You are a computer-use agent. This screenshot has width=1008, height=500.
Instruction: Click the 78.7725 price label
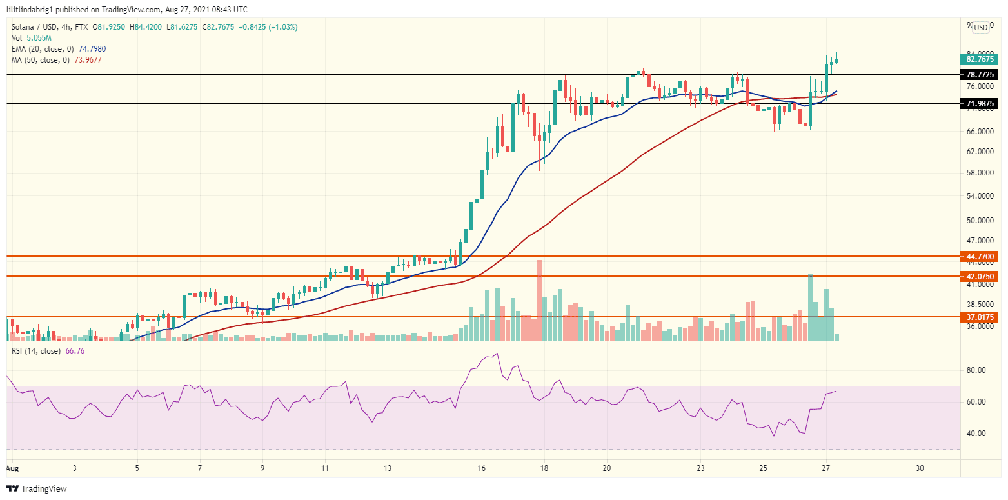(980, 74)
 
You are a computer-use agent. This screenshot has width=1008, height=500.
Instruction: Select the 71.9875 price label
(980, 103)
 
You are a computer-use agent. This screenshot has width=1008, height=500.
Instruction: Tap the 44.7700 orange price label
(980, 256)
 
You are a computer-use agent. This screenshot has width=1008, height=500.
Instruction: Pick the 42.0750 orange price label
(980, 276)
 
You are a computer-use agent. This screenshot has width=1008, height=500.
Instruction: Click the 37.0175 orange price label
(980, 317)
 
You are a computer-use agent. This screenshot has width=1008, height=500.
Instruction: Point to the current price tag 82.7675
(980, 59)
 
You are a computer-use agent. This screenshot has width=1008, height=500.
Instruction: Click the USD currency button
(980, 27)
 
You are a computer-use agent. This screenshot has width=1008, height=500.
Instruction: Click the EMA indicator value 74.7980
(92, 48)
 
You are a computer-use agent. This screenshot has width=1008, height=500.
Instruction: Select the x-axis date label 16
(481, 468)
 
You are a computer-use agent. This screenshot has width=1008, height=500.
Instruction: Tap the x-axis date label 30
(920, 468)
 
